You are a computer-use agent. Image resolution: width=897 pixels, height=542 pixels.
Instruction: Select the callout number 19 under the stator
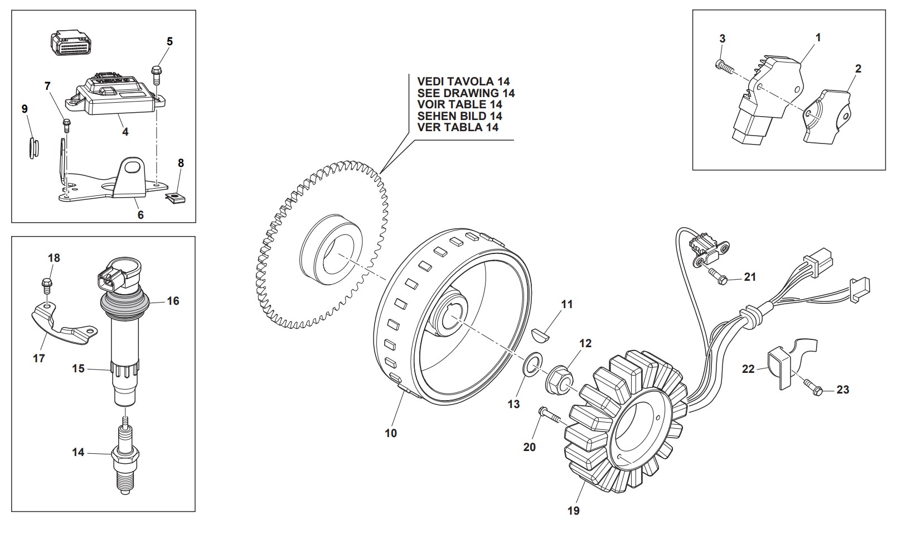(x=573, y=510)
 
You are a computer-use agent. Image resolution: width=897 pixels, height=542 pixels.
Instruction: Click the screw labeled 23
(x=813, y=388)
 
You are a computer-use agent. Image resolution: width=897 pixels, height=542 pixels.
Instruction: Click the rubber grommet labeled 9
(x=32, y=146)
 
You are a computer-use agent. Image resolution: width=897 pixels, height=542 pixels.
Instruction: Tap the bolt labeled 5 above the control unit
(x=156, y=74)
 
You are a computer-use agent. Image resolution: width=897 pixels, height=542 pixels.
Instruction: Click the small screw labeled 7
(x=67, y=124)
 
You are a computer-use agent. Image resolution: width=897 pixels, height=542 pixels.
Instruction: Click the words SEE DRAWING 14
(x=466, y=93)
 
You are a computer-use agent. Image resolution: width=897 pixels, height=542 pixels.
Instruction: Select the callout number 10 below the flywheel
(x=391, y=433)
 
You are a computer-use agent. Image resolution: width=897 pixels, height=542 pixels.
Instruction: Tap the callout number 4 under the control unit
(x=125, y=132)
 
